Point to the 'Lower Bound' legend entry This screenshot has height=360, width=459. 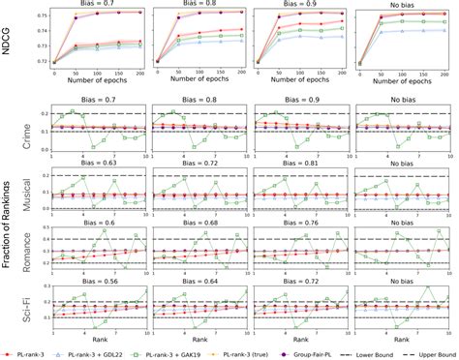(x=379, y=352)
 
